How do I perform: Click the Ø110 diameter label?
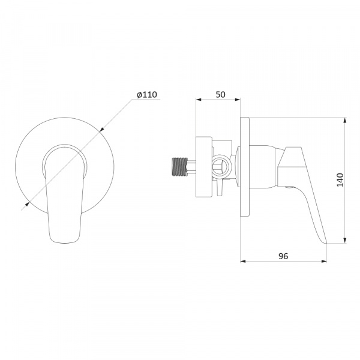coord(147,95)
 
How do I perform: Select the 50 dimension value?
coord(221,95)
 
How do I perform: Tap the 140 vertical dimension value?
coord(340,180)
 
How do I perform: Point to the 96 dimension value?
coord(283,256)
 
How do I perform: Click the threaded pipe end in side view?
coord(180,167)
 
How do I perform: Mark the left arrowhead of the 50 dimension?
coord(199,100)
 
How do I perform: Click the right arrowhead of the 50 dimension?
coord(238,100)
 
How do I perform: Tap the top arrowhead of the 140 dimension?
coord(345,121)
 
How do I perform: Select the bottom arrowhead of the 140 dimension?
coord(345,241)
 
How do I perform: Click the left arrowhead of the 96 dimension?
coord(243,261)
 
